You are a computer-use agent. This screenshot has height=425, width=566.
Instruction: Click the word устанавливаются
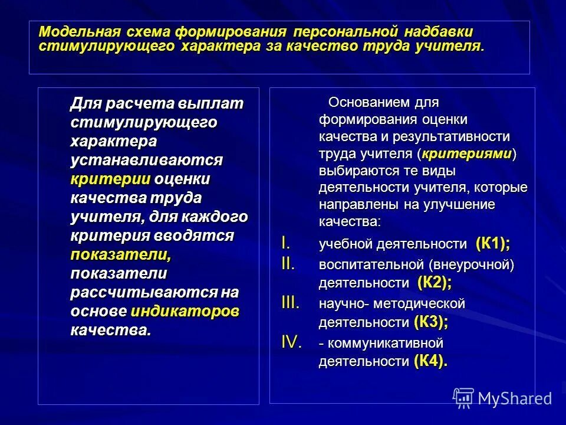pos(147,160)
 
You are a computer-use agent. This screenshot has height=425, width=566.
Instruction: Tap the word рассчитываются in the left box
pos(145,293)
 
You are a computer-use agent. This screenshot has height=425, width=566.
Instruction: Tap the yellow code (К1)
pos(492,243)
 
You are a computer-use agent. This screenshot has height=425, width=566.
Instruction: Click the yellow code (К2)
pos(434,283)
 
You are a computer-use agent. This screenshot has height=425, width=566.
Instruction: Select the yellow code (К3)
pos(430,322)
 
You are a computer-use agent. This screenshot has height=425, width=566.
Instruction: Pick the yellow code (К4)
pos(430,361)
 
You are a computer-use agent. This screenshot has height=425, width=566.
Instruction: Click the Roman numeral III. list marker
pos(290,303)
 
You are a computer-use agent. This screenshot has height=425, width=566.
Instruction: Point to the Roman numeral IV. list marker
pos(291,343)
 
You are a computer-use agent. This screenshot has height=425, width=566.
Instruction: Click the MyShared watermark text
pos(515,398)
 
